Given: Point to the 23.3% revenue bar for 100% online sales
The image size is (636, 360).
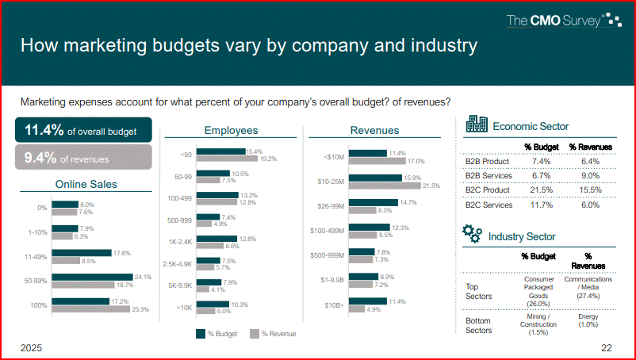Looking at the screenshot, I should (103, 309).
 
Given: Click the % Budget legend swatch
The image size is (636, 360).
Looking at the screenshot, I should (201, 334).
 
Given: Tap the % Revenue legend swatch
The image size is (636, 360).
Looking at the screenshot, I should (255, 334).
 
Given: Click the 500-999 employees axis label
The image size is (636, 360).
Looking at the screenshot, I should (179, 219).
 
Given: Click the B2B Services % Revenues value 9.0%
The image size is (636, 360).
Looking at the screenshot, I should (590, 176).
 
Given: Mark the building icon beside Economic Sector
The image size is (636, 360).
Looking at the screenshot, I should (477, 124).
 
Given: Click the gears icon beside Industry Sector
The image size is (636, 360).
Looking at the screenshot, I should (472, 234).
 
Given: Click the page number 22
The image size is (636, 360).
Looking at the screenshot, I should (607, 348).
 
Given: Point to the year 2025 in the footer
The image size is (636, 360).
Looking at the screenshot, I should (32, 348).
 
